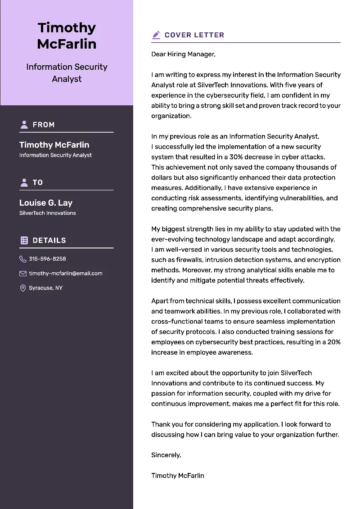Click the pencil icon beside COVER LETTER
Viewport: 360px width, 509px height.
click(156, 35)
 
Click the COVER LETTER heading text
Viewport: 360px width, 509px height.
click(194, 35)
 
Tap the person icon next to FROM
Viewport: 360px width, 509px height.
click(24, 125)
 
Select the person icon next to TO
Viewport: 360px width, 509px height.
click(24, 182)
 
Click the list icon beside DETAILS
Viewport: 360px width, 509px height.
click(24, 240)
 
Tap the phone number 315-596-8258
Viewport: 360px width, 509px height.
click(47, 259)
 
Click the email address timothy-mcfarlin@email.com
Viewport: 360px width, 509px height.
click(66, 273)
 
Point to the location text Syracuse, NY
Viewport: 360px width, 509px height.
click(45, 288)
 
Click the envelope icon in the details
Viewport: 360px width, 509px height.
click(23, 273)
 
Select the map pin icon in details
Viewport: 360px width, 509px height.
click(23, 288)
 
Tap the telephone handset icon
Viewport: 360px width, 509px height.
click(23, 259)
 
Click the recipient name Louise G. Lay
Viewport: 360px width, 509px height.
click(46, 203)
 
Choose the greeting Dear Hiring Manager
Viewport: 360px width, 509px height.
click(183, 54)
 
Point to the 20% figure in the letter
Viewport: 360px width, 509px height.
click(333, 342)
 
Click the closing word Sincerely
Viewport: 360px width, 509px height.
click(166, 455)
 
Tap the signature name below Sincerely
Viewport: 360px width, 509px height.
click(178, 475)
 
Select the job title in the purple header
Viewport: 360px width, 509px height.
click(67, 72)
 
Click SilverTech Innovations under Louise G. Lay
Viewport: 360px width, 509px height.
click(47, 213)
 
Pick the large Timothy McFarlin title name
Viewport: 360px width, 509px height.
click(67, 36)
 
